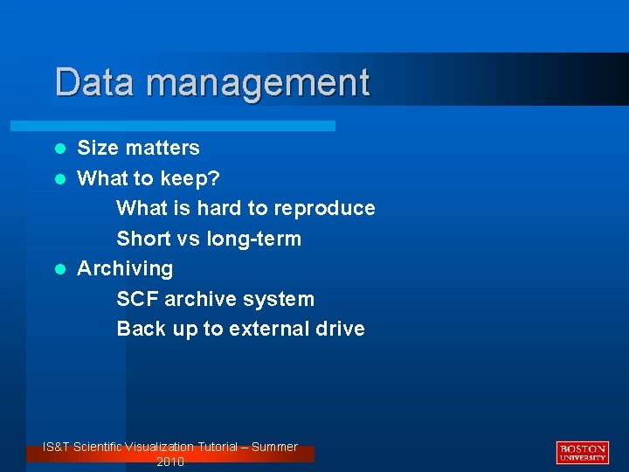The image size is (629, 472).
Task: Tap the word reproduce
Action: [x=324, y=209]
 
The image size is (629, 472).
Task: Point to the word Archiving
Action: [x=125, y=269]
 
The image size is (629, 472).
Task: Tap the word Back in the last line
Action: [x=139, y=329]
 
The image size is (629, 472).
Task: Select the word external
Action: [x=269, y=329]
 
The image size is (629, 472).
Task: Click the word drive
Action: [x=342, y=329]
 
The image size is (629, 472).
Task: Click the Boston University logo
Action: [x=582, y=452]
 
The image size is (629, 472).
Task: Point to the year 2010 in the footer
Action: [x=170, y=462]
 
